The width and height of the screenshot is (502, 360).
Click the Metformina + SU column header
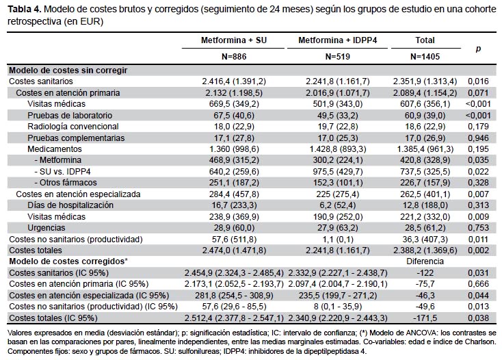(234, 40)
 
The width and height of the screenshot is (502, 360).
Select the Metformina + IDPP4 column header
(337, 40)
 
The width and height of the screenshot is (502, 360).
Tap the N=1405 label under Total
(425, 57)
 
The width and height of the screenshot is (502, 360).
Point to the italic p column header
(478, 49)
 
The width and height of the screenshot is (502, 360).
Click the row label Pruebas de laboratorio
(70, 115)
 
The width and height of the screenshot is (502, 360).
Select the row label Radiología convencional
(72, 127)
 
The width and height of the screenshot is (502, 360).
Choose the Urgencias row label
(46, 228)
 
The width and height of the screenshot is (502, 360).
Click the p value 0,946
(478, 138)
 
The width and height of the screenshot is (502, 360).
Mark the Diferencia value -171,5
(425, 318)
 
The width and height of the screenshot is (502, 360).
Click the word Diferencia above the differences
(425, 261)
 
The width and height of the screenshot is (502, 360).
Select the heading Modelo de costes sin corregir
(68, 70)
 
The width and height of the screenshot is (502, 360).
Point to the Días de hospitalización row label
(70, 205)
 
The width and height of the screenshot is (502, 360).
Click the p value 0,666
(478, 284)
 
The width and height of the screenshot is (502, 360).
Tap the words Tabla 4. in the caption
(25, 10)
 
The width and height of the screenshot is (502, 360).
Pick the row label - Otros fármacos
(66, 183)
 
